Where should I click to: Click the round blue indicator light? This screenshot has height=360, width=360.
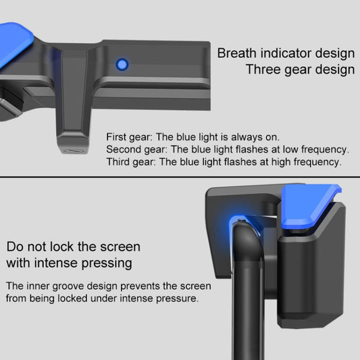pyautogui.click(x=122, y=64)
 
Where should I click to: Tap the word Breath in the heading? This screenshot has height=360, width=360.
pyautogui.click(x=237, y=53)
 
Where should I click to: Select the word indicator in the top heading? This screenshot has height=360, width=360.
pyautogui.click(x=286, y=53)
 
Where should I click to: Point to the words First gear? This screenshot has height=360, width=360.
pyautogui.click(x=129, y=137)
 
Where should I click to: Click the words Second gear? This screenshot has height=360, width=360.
pyautogui.click(x=136, y=150)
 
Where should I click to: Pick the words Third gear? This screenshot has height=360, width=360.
pyautogui.click(x=131, y=162)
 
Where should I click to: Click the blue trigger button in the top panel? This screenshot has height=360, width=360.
pyautogui.click(x=14, y=45)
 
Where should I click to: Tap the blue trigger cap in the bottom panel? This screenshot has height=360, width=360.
pyautogui.click(x=307, y=205)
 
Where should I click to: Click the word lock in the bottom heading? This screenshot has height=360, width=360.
pyautogui.click(x=61, y=247)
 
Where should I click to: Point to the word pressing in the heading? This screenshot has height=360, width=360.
pyautogui.click(x=107, y=263)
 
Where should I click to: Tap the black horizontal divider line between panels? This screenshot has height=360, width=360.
pyautogui.click(x=180, y=177)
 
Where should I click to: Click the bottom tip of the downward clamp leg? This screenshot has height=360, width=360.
pyautogui.click(x=73, y=151)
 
